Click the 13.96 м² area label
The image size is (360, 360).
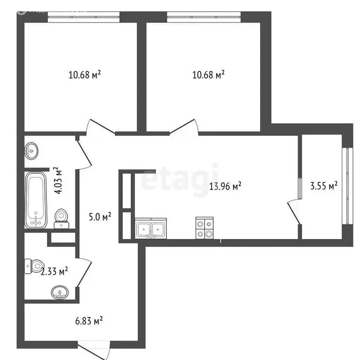point(225,187)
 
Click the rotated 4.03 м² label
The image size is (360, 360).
point(58,180)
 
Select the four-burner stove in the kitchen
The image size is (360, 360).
point(204,229)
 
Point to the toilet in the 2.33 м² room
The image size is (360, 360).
point(35,266)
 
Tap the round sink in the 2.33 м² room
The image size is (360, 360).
point(60,293)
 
